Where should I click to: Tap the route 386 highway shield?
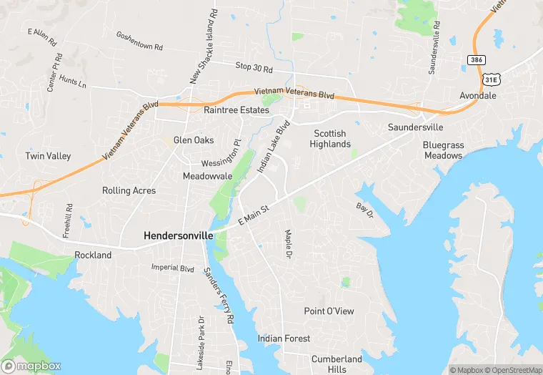(477, 59)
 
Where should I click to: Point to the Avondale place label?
(478, 95)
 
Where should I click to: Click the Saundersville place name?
(415, 127)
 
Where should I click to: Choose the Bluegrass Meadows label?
(443, 150)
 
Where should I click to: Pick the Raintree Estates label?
(236, 110)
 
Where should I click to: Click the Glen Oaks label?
(193, 140)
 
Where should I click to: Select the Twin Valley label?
(47, 156)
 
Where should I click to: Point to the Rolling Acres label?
(129, 191)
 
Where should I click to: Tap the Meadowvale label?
(207, 176)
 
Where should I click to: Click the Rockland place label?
(93, 255)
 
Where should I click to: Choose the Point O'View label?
(329, 311)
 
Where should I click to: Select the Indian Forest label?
(284, 339)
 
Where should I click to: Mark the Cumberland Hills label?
(337, 364)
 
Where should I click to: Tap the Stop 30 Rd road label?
(254, 67)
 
